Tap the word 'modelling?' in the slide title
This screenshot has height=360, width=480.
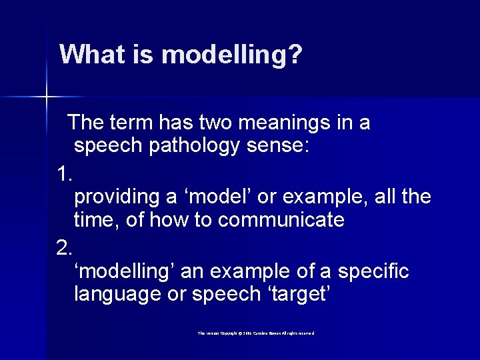[x=229, y=55]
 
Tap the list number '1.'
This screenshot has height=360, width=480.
[x=65, y=175]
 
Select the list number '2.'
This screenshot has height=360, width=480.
[x=65, y=249]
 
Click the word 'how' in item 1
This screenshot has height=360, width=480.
[x=157, y=221]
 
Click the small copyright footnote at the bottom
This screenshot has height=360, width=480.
[x=255, y=333]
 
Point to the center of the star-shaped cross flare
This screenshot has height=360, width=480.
[x=47, y=97]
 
